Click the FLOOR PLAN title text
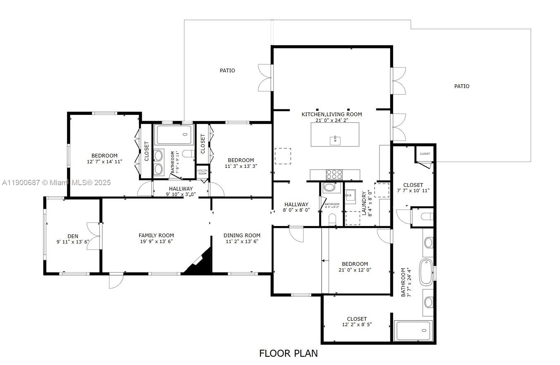(x=288, y=353)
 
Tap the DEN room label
(x=73, y=236)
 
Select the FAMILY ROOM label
(x=156, y=236)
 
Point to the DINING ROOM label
(x=242, y=236)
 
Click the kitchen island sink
(x=335, y=141)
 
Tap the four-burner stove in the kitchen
(x=334, y=174)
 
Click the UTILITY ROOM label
(x=202, y=172)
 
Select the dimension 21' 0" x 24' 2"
(x=331, y=120)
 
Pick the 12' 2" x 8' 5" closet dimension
(x=357, y=324)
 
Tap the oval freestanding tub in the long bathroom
(x=426, y=272)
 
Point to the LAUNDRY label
(x=364, y=203)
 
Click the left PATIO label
(x=227, y=71)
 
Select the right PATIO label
(x=462, y=86)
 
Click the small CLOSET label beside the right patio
(x=424, y=154)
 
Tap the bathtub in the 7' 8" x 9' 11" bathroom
(x=174, y=134)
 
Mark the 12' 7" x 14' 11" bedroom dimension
(x=105, y=162)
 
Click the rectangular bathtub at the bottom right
(x=414, y=331)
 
